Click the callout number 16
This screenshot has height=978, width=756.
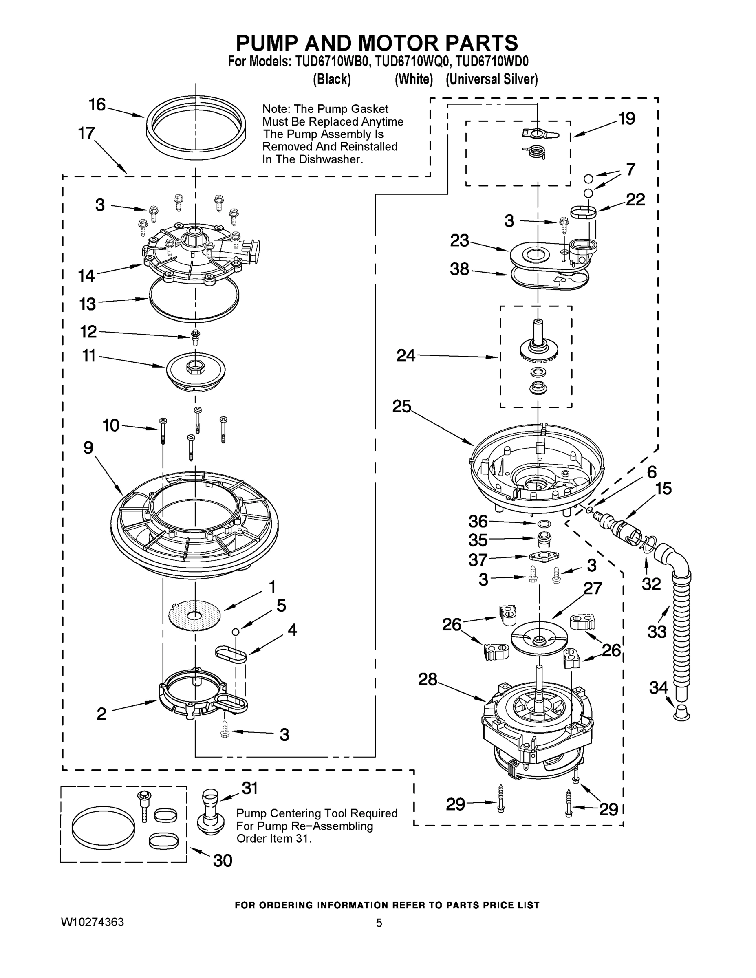tap(97, 105)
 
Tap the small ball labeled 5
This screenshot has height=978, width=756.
tap(235, 631)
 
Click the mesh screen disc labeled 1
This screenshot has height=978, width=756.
tap(194, 616)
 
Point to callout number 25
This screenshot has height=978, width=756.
tap(401, 407)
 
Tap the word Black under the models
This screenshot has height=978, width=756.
tap(331, 79)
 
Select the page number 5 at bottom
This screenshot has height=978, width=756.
tap(379, 923)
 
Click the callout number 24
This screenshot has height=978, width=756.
tap(406, 356)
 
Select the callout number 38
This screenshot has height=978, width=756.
tap(460, 269)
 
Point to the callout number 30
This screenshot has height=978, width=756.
tap(223, 861)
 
